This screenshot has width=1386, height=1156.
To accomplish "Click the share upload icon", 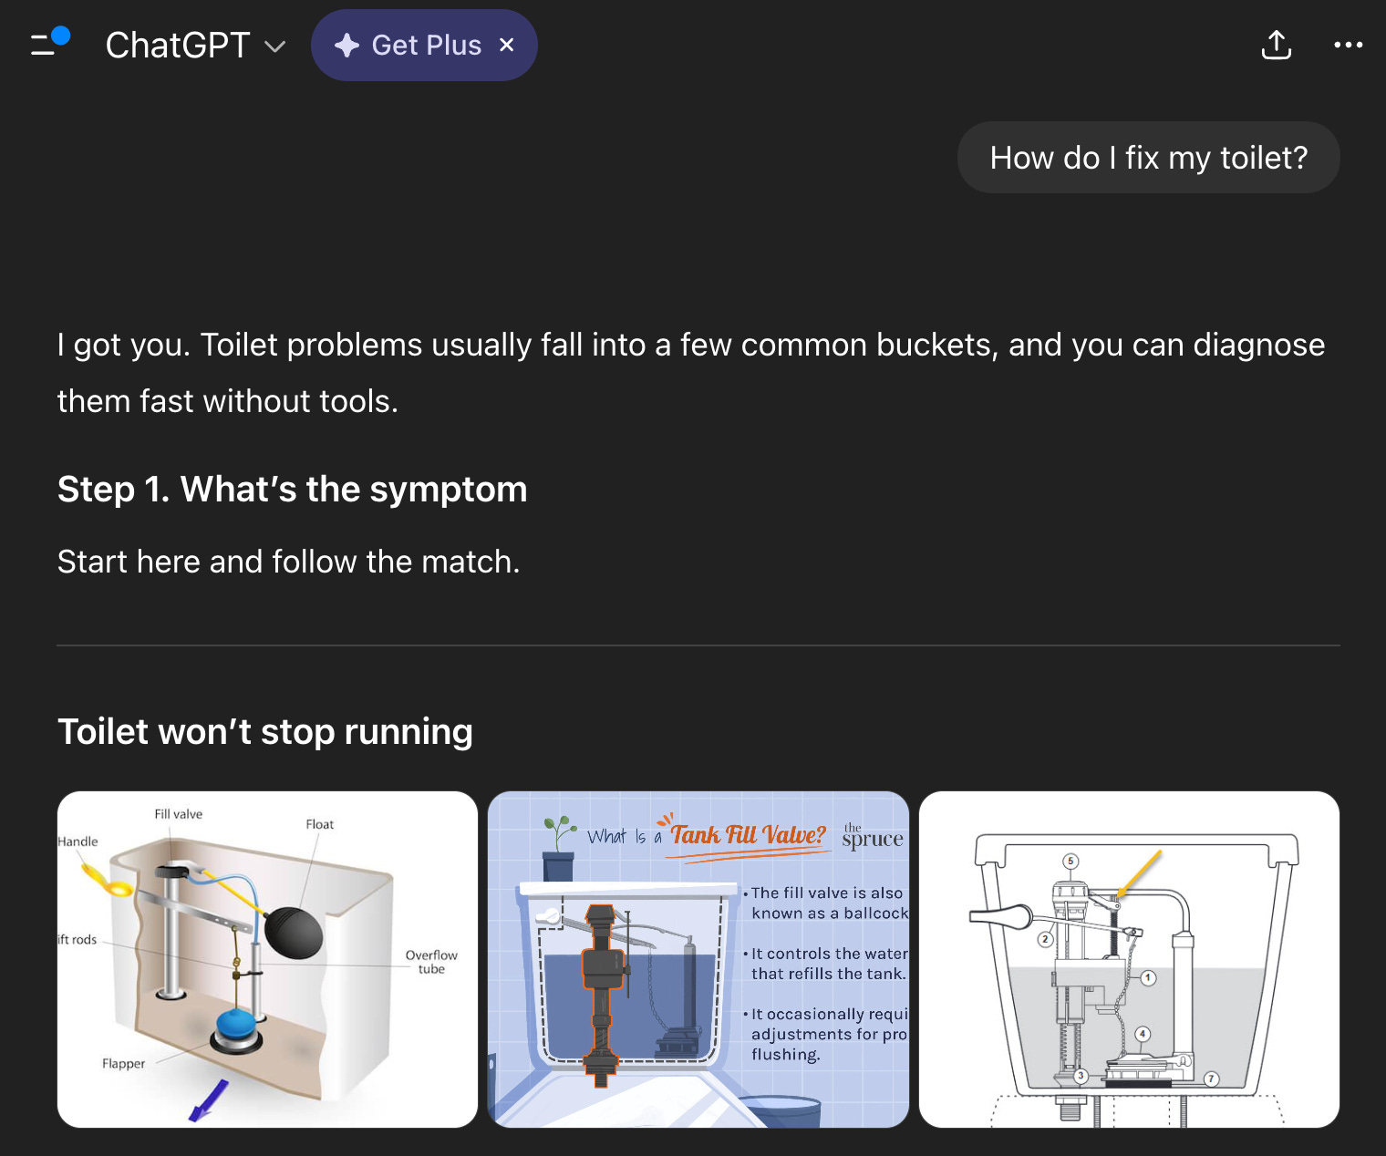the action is (1276, 45).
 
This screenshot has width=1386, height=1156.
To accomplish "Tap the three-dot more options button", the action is (1349, 45).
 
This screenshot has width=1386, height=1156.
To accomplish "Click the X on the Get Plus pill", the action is (506, 45).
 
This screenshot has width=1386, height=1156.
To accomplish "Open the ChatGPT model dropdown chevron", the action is (274, 46).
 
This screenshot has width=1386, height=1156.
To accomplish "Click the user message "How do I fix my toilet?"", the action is (1148, 158).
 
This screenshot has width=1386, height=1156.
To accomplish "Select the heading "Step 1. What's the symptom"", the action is (292, 489).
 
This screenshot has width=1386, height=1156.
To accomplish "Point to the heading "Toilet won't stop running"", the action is (264, 731).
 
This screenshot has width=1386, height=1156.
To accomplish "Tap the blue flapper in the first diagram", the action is (237, 1026).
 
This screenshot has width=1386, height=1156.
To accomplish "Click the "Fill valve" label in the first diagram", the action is (178, 813).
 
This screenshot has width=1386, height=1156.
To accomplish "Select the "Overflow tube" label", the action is (431, 962).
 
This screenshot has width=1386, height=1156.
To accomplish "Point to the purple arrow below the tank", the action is (209, 1101).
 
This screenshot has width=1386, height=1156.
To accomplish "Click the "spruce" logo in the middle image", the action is (873, 836).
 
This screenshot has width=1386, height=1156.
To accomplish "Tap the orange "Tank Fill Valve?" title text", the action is (748, 834).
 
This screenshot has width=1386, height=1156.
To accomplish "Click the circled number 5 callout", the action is (1070, 861).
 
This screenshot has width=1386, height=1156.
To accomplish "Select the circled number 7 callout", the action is (1212, 1079).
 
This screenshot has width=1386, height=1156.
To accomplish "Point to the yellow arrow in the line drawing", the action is (1139, 874).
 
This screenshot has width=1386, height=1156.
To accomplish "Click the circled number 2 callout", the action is (1046, 939).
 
